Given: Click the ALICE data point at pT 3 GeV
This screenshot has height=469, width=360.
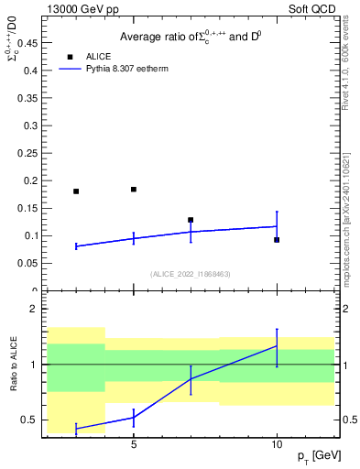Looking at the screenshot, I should click(76, 191).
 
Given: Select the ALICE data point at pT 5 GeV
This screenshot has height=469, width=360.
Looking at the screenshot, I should click(134, 190).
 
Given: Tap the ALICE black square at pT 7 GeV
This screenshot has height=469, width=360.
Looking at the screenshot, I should click(191, 220).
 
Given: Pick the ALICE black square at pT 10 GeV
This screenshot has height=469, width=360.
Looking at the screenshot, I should click(277, 240).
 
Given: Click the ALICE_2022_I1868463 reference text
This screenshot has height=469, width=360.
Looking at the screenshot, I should click(191, 274).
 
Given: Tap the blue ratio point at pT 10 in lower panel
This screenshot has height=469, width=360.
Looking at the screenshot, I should click(277, 346).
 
